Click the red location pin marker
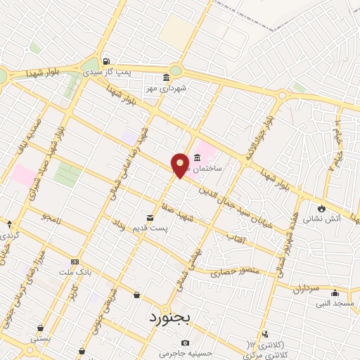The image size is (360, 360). [180, 165]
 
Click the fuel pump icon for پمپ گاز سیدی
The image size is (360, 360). [106, 61]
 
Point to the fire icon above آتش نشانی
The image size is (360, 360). [321, 208]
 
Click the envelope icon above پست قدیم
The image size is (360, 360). [149, 218]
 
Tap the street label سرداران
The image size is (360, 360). [307, 288]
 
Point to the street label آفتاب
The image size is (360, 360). [243, 240]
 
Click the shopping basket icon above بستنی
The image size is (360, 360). [40, 328]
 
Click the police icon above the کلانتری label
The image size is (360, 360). [264, 334]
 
